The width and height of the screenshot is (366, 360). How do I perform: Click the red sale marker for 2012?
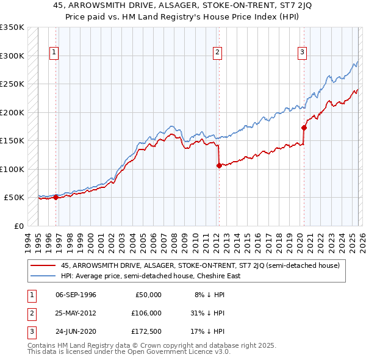click(x=219, y=165)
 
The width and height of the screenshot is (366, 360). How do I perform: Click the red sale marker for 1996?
click(x=56, y=197)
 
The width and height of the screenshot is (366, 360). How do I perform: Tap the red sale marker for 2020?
click(x=304, y=128)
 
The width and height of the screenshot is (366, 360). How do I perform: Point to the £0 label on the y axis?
click(x=18, y=226)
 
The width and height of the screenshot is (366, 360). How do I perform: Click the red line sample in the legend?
click(x=43, y=265)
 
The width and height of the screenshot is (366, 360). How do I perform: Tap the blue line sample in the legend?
click(x=43, y=276)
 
